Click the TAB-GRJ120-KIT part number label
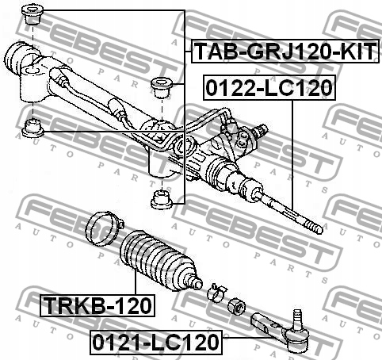[282, 53]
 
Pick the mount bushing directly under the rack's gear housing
[161, 197]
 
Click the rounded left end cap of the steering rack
[17, 59]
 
